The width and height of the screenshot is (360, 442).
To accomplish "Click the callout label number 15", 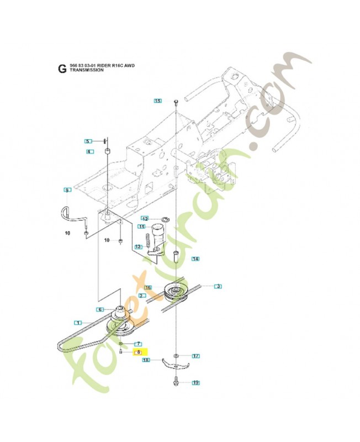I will (158, 101).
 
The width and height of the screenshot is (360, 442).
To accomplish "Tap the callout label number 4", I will (88, 151).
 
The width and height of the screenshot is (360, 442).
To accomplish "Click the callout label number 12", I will (145, 218).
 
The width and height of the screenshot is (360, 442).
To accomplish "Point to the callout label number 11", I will (141, 227).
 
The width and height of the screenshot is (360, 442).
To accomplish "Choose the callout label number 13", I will (138, 246).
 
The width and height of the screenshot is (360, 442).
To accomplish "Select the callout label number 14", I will (195, 259).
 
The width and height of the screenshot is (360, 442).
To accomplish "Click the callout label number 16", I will (148, 287).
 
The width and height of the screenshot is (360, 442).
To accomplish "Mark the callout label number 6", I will (100, 309).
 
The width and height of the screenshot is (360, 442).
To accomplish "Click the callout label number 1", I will (78, 322).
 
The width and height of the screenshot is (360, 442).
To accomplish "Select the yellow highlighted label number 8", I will (138, 352).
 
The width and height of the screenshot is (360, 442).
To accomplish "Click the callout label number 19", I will (195, 382).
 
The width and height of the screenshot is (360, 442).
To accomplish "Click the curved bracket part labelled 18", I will (176, 365).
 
